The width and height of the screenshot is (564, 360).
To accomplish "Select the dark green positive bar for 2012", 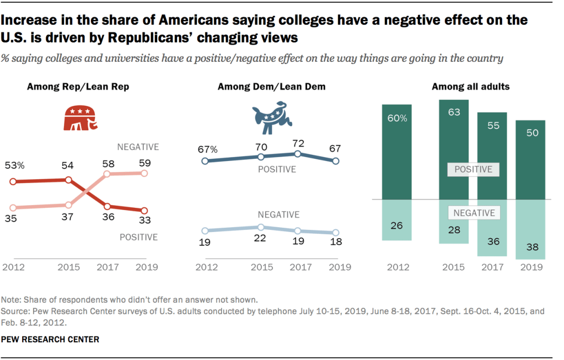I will point(396,152).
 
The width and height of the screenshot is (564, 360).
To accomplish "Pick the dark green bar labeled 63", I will point(453,149).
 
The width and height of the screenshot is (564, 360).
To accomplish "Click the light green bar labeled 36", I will point(492,228).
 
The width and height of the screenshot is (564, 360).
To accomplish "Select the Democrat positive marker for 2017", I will point(298,154).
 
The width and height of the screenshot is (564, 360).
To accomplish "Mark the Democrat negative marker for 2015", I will point(261,227).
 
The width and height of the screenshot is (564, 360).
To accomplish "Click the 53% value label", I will point(15,165).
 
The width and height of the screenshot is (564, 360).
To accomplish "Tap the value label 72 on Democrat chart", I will point(298,143).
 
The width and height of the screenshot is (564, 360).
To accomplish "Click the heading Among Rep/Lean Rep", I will point(78,87).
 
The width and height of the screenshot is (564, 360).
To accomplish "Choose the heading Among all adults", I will point(470,87).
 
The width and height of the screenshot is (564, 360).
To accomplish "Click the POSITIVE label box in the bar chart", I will point(473,169).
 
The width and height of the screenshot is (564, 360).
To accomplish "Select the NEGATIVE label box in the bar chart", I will point(473,213).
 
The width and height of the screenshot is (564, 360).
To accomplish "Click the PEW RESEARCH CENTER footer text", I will point(50,340).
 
